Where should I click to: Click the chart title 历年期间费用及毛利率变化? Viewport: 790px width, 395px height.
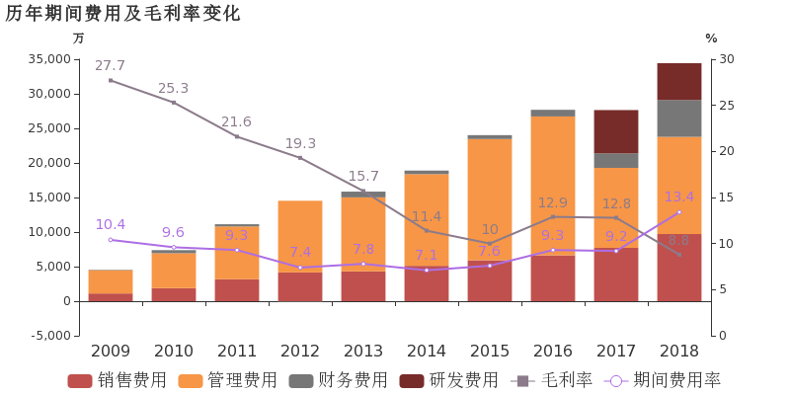[122, 13]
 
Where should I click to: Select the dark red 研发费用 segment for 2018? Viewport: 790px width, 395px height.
[679, 81]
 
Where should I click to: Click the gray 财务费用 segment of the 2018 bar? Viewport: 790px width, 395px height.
[679, 118]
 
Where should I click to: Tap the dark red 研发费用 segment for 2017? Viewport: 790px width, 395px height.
[616, 131]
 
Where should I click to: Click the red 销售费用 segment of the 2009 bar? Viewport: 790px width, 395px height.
[111, 296]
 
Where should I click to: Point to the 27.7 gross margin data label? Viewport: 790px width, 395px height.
[110, 65]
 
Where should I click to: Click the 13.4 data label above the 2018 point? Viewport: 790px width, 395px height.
[678, 197]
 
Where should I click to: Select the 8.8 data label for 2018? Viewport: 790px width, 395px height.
[678, 240]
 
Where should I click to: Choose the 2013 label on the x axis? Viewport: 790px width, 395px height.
[363, 352]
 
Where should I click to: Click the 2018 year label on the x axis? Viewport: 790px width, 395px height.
[679, 352]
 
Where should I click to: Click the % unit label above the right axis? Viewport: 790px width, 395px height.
[711, 39]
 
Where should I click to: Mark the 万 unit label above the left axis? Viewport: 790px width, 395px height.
[79, 39]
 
